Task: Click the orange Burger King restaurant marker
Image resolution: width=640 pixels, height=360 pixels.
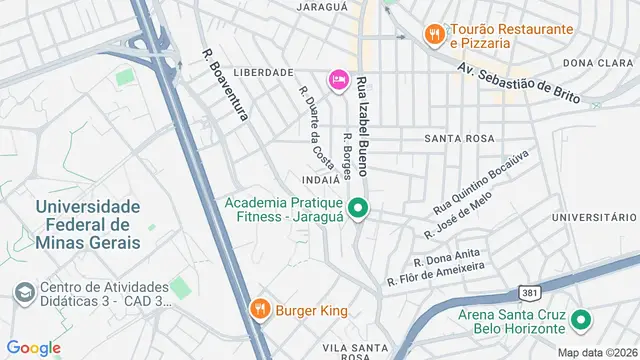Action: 259,310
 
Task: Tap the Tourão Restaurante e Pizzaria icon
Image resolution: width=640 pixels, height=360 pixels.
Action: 433,35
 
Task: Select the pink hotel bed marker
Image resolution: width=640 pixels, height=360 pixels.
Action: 338,79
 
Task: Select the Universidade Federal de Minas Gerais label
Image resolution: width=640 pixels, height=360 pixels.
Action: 85,223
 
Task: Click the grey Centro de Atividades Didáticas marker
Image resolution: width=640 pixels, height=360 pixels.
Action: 22,292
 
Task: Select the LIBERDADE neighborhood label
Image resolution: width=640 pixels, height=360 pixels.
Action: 263,72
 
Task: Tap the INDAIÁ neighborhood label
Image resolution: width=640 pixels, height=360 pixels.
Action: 320,180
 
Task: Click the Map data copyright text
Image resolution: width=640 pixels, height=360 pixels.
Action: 595,352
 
